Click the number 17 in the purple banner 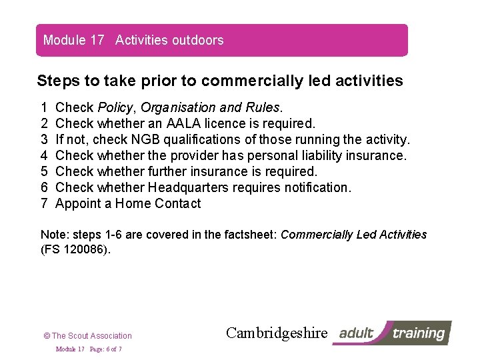(97, 40)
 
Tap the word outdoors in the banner (198, 40)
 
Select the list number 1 (44, 107)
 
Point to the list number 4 (44, 155)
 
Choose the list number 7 (44, 203)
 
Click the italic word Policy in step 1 (116, 107)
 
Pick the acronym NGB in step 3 (145, 139)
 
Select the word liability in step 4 (320, 155)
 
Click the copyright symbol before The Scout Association (47, 336)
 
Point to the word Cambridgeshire (277, 333)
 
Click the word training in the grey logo (419, 333)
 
